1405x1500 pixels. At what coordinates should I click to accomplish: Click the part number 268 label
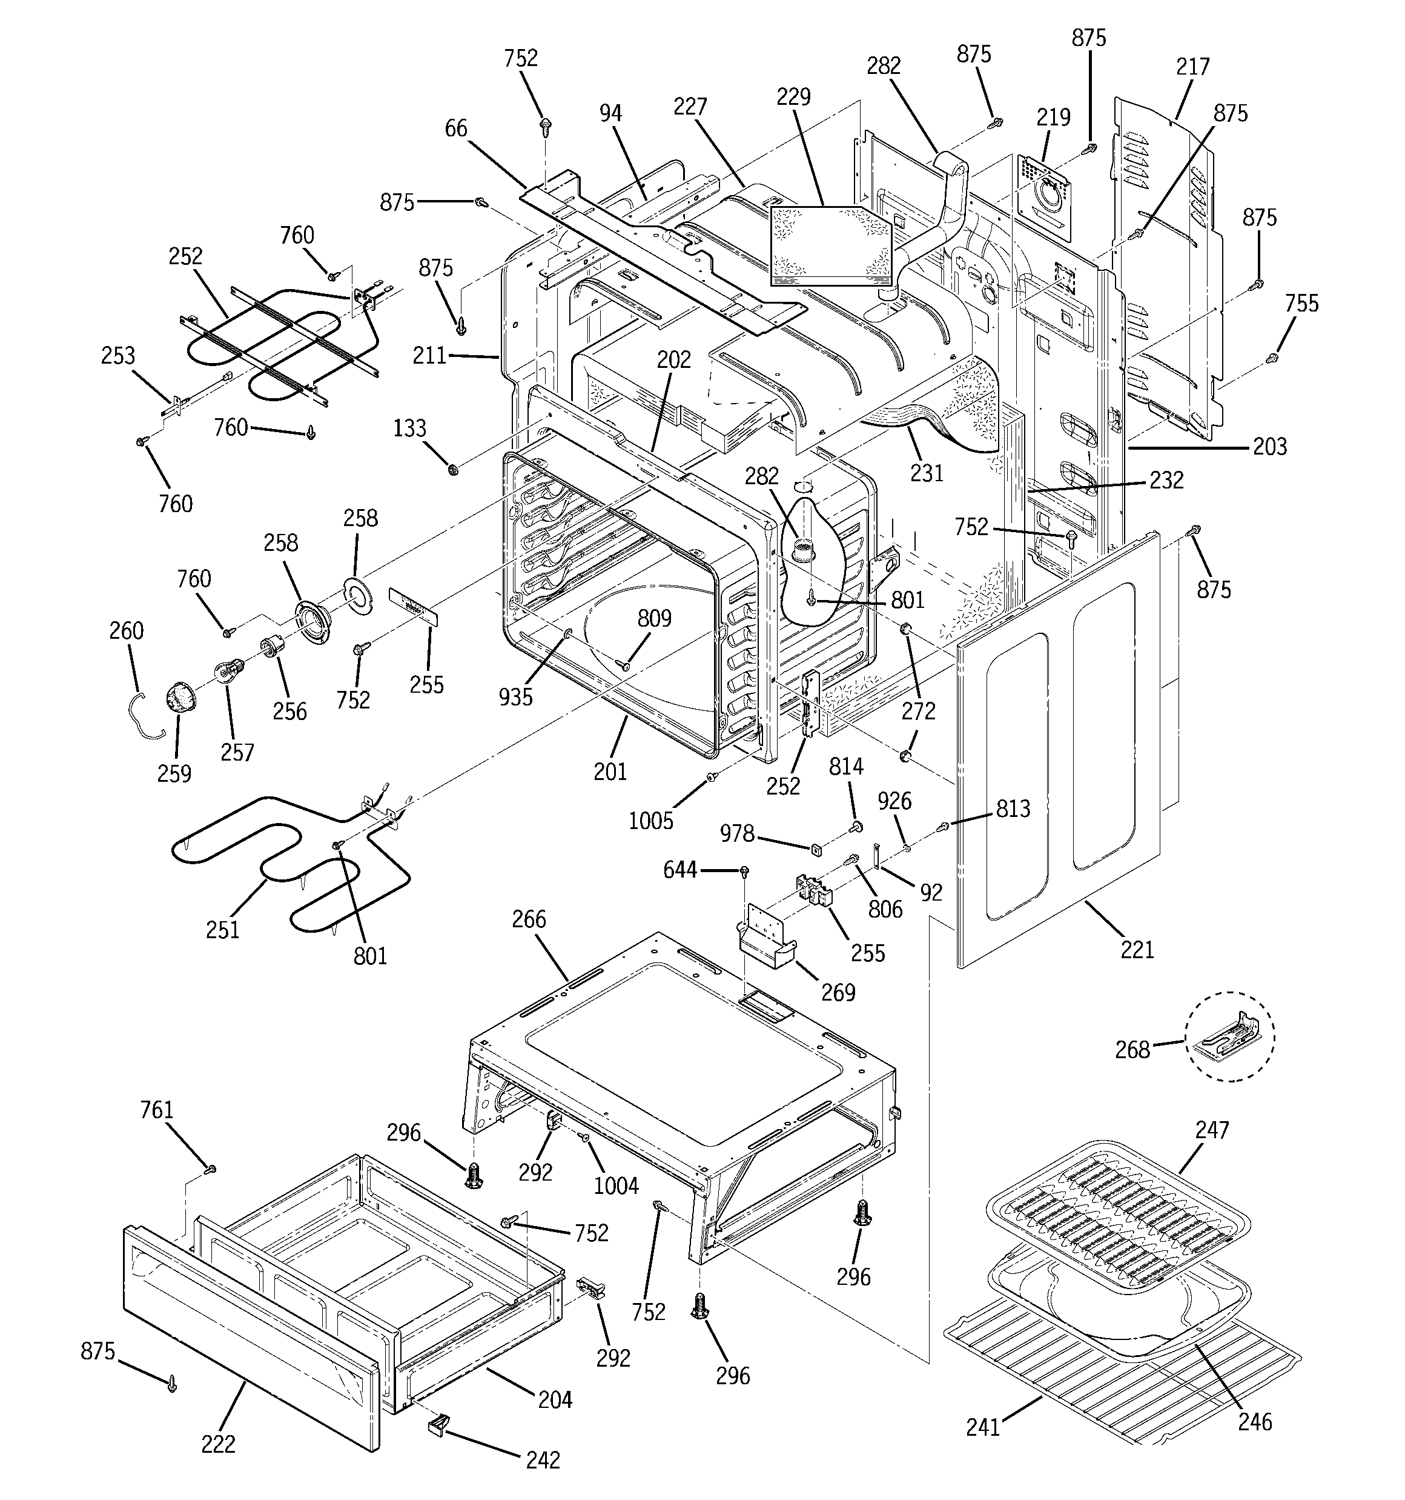click(1132, 1050)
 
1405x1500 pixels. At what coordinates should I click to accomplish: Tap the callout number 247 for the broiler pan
click(1212, 1130)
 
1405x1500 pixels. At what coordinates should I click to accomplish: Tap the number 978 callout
click(737, 834)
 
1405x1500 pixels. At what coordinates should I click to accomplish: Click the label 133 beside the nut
click(409, 428)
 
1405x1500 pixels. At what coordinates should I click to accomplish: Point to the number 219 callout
click(1053, 118)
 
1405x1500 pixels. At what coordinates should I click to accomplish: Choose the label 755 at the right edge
click(1301, 304)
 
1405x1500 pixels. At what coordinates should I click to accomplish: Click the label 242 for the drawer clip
click(543, 1460)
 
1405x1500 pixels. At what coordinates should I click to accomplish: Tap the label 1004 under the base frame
click(616, 1186)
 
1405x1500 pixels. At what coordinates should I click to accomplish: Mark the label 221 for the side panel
click(1137, 950)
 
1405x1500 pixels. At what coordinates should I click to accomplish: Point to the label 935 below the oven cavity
click(515, 697)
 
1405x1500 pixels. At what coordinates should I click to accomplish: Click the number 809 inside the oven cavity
click(654, 619)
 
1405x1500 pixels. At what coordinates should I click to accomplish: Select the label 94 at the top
click(611, 114)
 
